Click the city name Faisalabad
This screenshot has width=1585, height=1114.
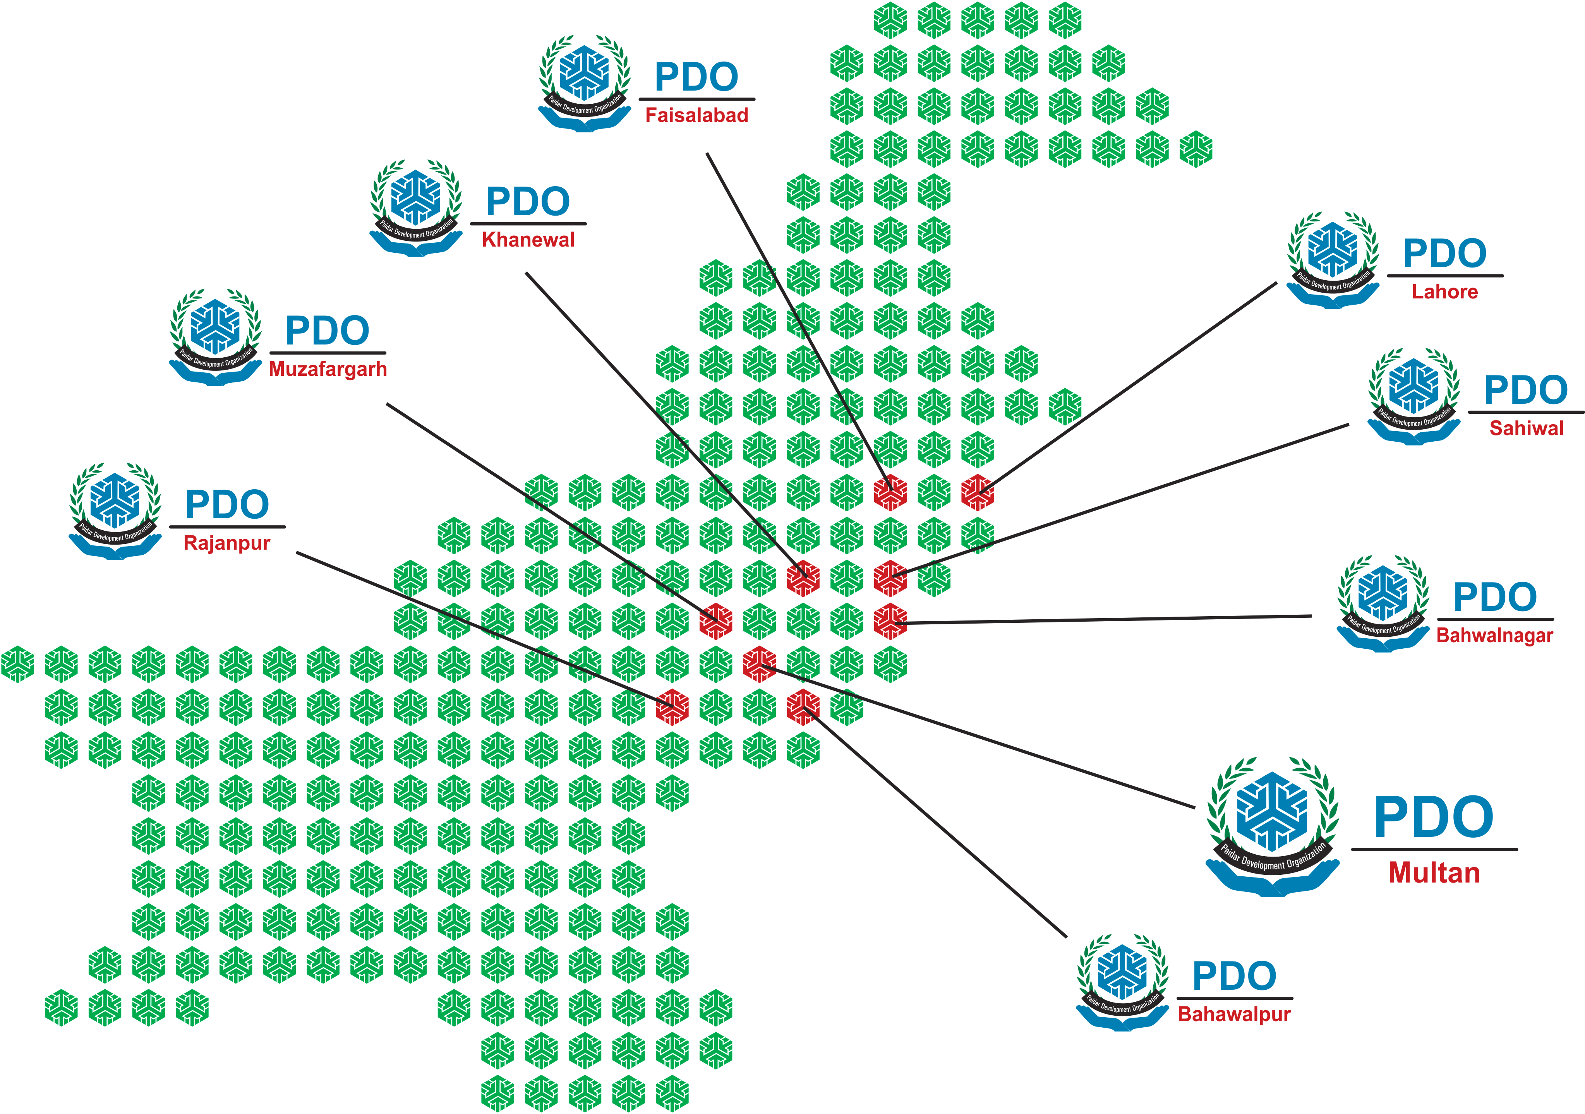696,115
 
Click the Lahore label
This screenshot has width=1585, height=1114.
1444,292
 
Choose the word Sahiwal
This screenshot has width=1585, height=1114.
1526,428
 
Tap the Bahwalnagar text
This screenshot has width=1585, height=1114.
1494,635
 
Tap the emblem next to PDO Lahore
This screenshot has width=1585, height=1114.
1333,259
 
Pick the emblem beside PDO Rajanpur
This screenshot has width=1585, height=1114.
115,511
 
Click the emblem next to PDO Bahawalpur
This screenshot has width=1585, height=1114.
1122,982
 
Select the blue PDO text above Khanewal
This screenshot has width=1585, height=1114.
528,202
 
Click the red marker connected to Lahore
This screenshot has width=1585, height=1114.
978,492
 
